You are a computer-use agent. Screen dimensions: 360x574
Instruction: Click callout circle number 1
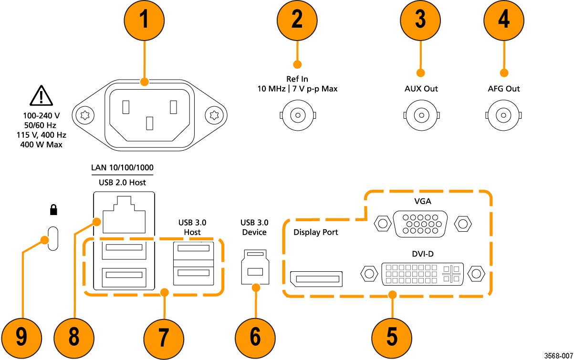point(145,21)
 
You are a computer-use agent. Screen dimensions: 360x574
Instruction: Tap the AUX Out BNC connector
point(421,115)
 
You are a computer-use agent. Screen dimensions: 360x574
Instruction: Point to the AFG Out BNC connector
point(503,115)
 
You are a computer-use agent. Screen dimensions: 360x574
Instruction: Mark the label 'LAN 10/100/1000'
point(122,168)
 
